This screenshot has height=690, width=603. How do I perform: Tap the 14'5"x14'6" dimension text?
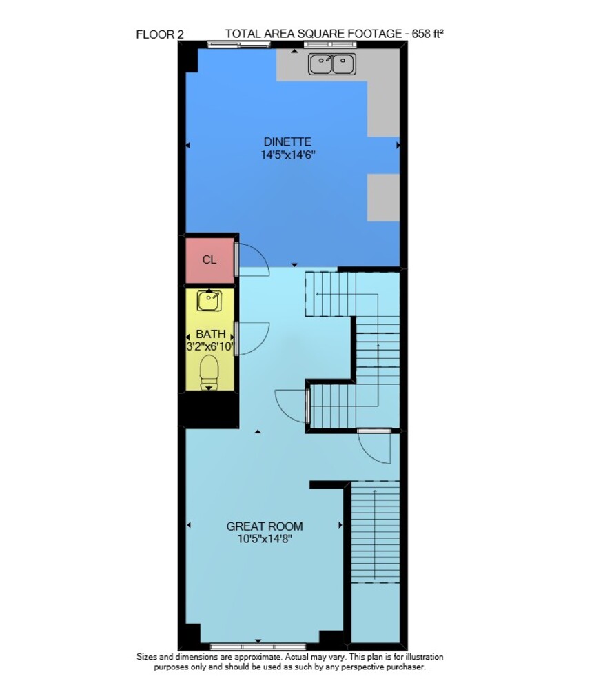click(288, 155)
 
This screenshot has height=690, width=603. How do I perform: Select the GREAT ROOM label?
click(265, 526)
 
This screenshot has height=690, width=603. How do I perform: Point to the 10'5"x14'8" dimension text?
click(265, 539)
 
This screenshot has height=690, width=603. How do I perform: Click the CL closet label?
click(209, 260)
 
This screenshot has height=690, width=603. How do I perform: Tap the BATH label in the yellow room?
click(210, 334)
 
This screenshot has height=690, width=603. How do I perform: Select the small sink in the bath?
click(209, 301)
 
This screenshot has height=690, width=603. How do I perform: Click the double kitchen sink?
click(332, 63)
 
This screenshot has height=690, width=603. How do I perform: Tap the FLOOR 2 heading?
click(160, 34)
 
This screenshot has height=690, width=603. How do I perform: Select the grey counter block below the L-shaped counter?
click(383, 197)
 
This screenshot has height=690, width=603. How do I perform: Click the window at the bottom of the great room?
click(258, 647)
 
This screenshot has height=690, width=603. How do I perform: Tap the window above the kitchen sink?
click(329, 44)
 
